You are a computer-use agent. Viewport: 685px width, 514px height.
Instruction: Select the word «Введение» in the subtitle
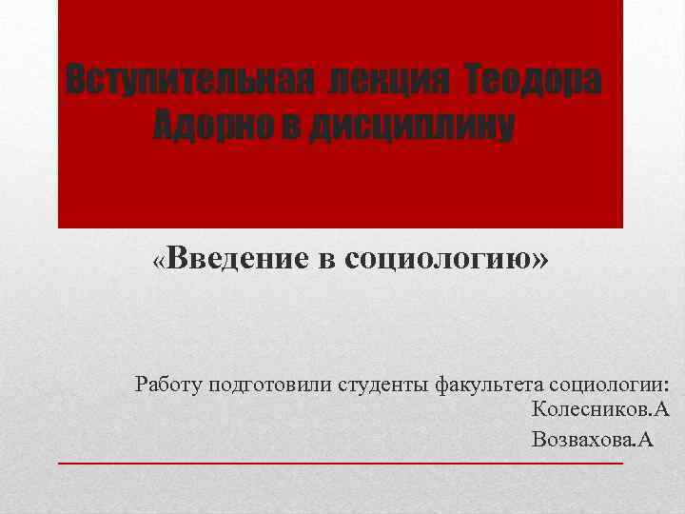pyautogui.click(x=241, y=258)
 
